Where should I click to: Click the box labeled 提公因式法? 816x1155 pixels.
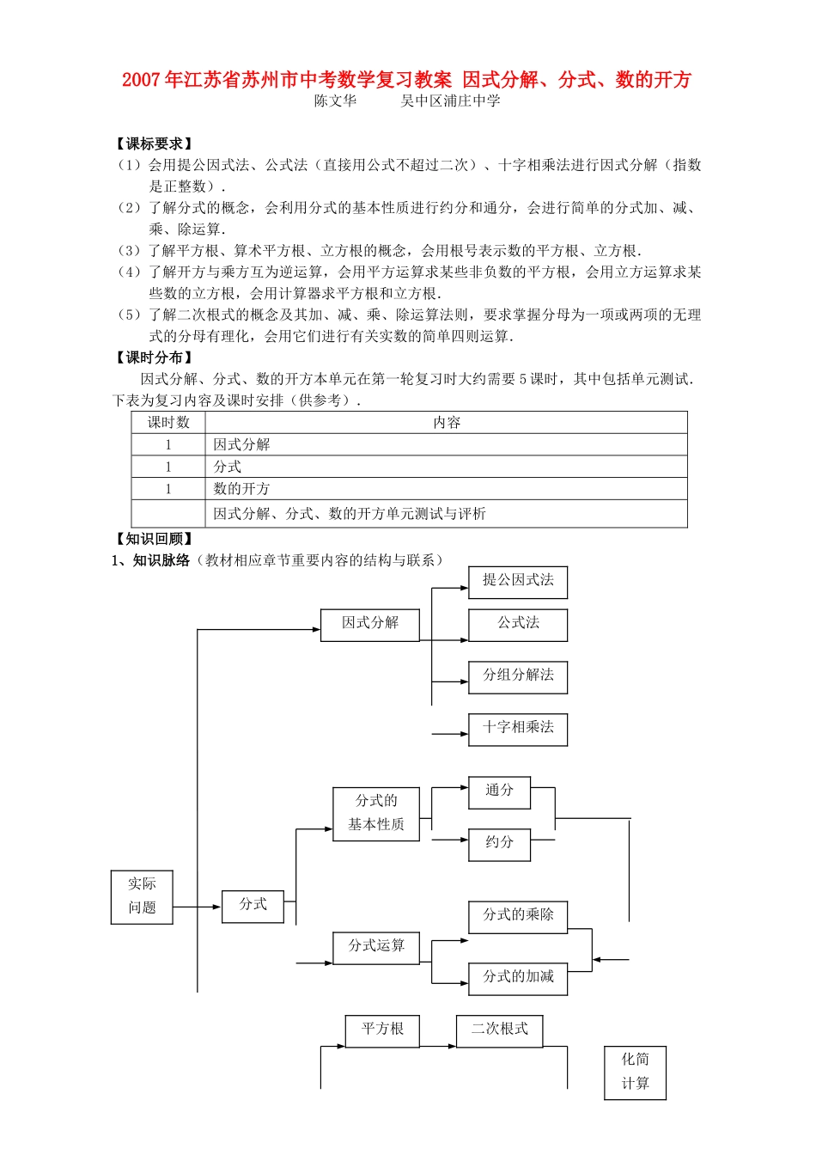(518, 582)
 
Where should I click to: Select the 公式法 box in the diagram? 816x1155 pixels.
(518, 625)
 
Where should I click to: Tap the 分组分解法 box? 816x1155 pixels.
(518, 677)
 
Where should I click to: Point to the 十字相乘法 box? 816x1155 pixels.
(518, 729)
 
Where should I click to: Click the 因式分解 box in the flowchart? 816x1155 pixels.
(369, 625)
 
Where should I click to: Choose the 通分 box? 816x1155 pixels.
(499, 792)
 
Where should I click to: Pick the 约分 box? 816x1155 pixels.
(499, 844)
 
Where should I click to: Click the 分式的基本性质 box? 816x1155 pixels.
(376, 813)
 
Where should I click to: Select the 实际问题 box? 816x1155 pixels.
(142, 896)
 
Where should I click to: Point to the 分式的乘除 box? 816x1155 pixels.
(518, 916)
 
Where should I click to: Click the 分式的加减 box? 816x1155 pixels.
(518, 978)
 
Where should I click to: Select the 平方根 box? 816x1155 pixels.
(382, 1030)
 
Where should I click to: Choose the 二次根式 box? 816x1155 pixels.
(499, 1030)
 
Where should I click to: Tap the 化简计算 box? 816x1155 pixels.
(635, 1072)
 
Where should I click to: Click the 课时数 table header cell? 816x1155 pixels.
(168, 422)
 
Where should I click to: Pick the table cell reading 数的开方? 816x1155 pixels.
(242, 489)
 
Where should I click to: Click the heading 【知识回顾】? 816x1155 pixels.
(154, 539)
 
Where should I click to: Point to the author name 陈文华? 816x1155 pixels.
(335, 101)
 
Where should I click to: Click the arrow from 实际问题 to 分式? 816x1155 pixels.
(198, 907)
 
